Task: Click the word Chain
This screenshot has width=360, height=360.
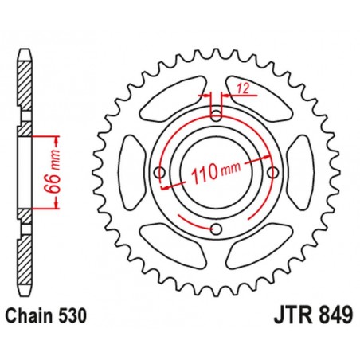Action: coord(33,317)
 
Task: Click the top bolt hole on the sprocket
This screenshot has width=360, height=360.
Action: coord(217,114)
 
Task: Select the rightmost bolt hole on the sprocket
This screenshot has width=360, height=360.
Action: coord(274,172)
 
